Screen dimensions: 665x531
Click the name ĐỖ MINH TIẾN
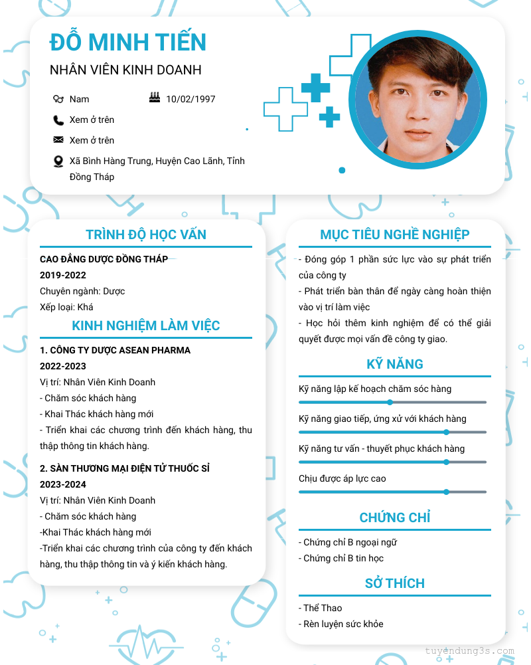click(x=128, y=42)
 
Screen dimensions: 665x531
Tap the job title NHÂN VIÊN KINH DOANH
click(x=125, y=70)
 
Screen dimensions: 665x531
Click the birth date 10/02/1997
click(x=190, y=99)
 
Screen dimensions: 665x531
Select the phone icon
click(x=58, y=120)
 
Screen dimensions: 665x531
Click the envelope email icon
click(x=58, y=140)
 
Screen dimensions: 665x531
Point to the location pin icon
click(x=58, y=161)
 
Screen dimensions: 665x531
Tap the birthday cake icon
click(x=155, y=98)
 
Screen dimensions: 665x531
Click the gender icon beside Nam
click(x=58, y=99)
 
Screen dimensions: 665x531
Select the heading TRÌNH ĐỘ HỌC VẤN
click(x=146, y=235)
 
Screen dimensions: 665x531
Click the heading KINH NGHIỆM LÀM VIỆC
click(x=146, y=326)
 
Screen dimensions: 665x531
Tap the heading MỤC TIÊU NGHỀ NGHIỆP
click(x=395, y=235)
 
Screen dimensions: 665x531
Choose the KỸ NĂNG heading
click(x=395, y=364)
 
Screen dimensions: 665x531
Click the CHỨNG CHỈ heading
click(x=395, y=518)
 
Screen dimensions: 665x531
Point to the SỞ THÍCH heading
click(x=395, y=583)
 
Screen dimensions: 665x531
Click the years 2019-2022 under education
click(x=63, y=275)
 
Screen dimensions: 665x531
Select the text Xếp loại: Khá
click(x=66, y=307)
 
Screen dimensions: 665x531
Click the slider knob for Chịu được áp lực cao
click(x=446, y=492)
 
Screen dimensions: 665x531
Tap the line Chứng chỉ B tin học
click(x=341, y=558)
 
